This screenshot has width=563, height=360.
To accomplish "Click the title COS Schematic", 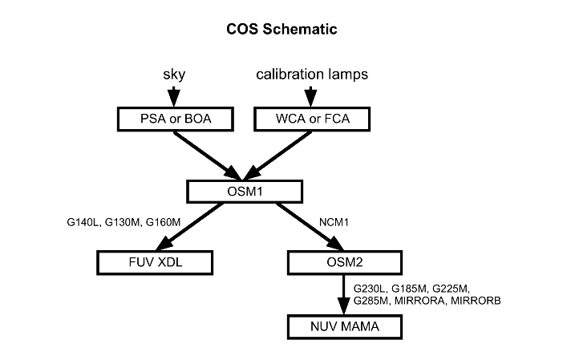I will click(x=281, y=30).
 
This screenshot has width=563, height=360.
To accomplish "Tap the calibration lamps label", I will click(x=313, y=75).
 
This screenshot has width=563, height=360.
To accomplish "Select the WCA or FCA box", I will click(x=313, y=120).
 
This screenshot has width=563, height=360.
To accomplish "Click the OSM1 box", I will click(x=245, y=191).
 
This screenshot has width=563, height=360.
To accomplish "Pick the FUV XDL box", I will click(x=154, y=261).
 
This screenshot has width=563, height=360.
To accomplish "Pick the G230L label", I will click(x=371, y=287).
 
